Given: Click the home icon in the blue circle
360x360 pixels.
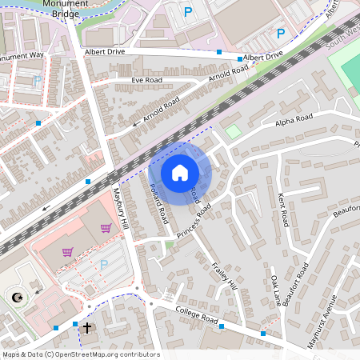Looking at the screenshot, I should pyautogui.click(x=180, y=172).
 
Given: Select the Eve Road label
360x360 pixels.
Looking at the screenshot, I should pyautogui.click(x=147, y=81).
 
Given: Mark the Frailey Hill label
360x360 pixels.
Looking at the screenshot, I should pyautogui.click(x=225, y=275).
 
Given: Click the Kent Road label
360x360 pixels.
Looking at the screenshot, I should pyautogui.click(x=282, y=210).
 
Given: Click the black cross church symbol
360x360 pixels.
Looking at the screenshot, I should pyautogui.click(x=87, y=327).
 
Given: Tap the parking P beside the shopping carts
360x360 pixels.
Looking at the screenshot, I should pyautogui.click(x=102, y=264).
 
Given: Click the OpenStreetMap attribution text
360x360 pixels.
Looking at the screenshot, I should pyautogui.click(x=81, y=354).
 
